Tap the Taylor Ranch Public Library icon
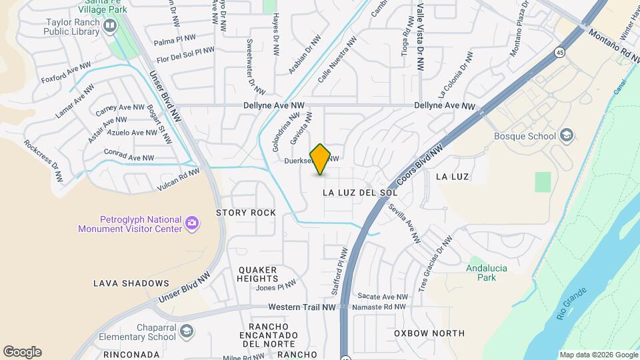(x=109, y=26)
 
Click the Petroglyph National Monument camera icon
(x=192, y=223)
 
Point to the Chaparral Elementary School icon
(x=188, y=331)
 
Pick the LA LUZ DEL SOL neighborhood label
(x=359, y=192)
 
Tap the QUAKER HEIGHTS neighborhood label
(x=257, y=274)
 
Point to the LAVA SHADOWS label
(x=131, y=283)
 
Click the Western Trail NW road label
(x=301, y=307)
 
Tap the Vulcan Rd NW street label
(x=178, y=177)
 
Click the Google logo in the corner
(x=22, y=351)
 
